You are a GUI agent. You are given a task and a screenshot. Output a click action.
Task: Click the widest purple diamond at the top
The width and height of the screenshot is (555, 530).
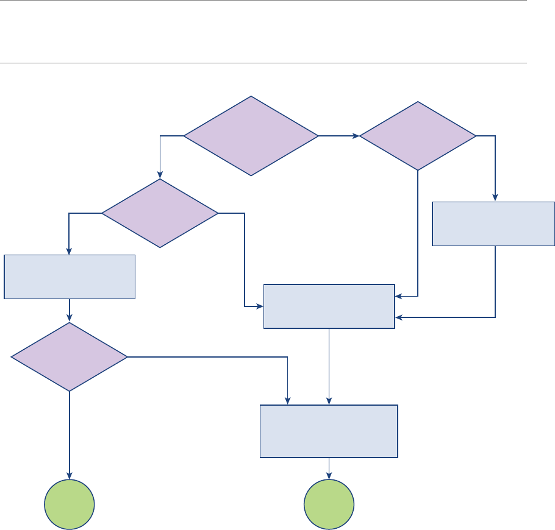(x=251, y=136)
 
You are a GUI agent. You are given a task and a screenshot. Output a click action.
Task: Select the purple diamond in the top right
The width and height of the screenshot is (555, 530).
(x=418, y=136)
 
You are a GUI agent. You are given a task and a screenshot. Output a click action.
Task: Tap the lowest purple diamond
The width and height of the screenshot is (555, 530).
(x=70, y=356)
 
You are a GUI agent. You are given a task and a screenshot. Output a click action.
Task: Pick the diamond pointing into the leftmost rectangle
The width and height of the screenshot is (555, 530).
(x=160, y=213)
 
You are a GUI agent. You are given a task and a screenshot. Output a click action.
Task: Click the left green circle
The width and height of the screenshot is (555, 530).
(x=70, y=505)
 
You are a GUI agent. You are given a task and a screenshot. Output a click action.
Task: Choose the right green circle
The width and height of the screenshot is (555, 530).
(x=329, y=505)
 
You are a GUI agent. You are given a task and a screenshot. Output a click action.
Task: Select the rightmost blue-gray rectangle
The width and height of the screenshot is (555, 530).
(x=493, y=224)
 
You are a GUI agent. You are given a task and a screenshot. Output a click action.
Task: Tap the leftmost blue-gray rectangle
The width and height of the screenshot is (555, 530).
(x=70, y=277)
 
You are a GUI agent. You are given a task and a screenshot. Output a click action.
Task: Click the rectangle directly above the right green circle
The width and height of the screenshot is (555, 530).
(x=329, y=431)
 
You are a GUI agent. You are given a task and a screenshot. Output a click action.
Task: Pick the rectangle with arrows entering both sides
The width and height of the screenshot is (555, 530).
(x=329, y=306)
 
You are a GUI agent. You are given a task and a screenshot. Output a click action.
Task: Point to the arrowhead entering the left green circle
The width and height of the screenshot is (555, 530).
(x=70, y=476)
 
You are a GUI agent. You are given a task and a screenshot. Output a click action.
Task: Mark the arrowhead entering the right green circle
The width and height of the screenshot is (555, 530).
(x=329, y=476)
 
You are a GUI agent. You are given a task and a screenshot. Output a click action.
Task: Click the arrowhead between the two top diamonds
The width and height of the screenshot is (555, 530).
(x=356, y=136)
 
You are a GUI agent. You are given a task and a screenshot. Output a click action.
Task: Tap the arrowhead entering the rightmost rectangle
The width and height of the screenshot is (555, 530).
(x=495, y=197)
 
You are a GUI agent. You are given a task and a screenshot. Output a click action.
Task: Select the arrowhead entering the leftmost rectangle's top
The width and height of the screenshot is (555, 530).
(x=70, y=251)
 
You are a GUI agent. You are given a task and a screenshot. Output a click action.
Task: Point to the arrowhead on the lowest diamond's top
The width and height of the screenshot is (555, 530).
(x=70, y=318)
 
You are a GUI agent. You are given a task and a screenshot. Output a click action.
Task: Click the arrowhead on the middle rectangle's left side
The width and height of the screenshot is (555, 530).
(x=259, y=306)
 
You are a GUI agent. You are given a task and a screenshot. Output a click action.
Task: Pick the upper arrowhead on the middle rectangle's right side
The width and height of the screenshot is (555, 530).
(x=399, y=297)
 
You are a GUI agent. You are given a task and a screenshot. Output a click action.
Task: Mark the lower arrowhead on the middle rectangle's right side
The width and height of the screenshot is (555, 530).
(x=399, y=317)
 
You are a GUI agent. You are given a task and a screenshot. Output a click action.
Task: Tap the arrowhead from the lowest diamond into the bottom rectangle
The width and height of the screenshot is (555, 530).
(x=287, y=401)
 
